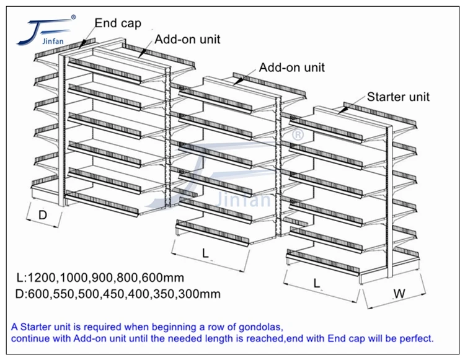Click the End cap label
tap(118, 24)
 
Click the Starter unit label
tap(398, 97)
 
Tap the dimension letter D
tap(43, 216)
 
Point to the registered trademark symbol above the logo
tap(73, 17)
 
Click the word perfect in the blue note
tap(417, 338)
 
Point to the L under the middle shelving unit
tap(205, 252)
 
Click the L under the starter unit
tap(317, 284)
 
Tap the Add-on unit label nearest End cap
tap(187, 40)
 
